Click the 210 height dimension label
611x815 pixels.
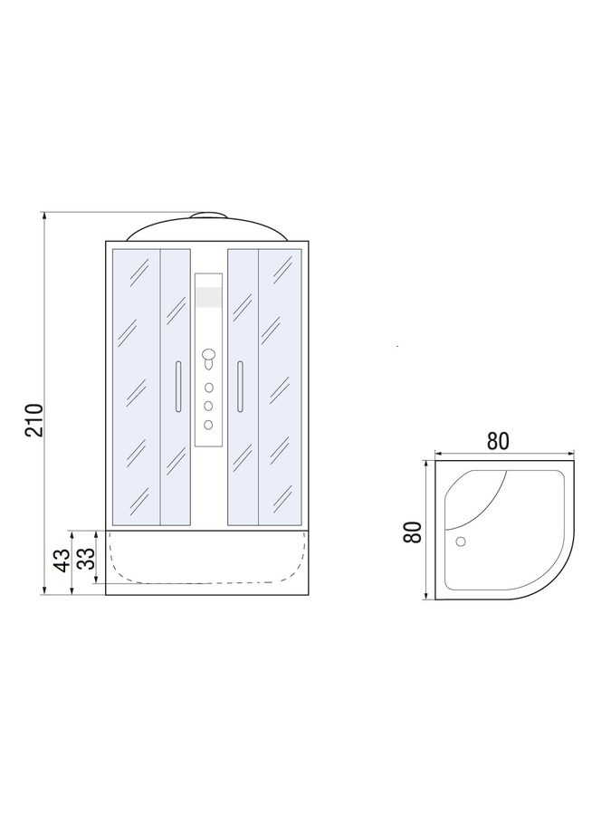pyautogui.click(x=34, y=419)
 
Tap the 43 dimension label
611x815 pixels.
pyautogui.click(x=62, y=561)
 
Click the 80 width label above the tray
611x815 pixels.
pyautogui.click(x=498, y=441)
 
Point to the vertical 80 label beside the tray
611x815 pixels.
pyautogui.click(x=413, y=532)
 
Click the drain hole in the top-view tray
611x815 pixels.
pyautogui.click(x=461, y=542)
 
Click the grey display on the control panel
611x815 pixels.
pyautogui.click(x=209, y=297)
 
